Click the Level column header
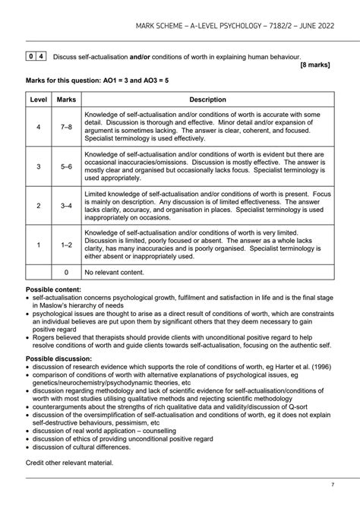[x=38, y=100]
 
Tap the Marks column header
[x=66, y=100]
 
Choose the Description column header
[x=207, y=100]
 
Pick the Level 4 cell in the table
[x=38, y=125]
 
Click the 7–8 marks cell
[x=66, y=125]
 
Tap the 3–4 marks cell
[x=66, y=205]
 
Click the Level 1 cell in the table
[x=38, y=245]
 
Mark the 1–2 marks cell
[x=66, y=245]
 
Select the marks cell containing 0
[x=66, y=272]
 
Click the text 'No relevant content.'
[x=118, y=272]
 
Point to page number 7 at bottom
[x=332, y=485]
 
